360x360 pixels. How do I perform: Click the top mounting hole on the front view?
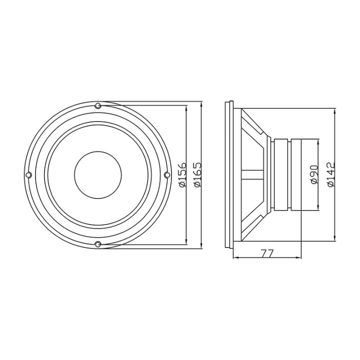98,105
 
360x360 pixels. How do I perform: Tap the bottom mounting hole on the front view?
98,244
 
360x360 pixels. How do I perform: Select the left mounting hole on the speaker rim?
28,174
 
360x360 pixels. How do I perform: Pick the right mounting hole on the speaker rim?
167,174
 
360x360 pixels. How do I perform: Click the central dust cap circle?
97,174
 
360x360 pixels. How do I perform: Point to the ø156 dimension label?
183,174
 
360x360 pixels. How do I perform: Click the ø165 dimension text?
197,174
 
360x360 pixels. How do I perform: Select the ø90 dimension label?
314,174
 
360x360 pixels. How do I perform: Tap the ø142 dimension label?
330,174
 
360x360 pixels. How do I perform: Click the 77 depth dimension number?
267,253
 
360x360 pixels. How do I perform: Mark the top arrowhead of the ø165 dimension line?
200,104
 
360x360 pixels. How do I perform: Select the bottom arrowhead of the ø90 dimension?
318,207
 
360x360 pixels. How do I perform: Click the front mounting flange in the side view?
231,174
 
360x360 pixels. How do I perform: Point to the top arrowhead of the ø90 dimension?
318,141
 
